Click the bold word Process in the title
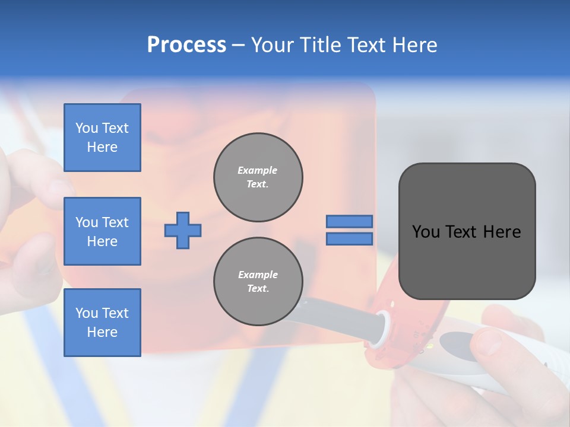tap(186, 45)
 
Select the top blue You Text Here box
tap(102, 138)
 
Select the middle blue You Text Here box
tap(102, 231)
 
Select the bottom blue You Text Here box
tap(102, 322)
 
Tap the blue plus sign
tap(183, 230)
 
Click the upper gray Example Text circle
tap(258, 177)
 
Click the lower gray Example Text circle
tap(258, 282)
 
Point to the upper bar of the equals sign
tap(349, 222)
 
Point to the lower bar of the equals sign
tap(349, 239)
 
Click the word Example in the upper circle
tap(258, 170)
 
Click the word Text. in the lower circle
tap(258, 289)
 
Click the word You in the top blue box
tap(87, 128)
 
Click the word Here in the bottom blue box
tap(102, 332)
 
